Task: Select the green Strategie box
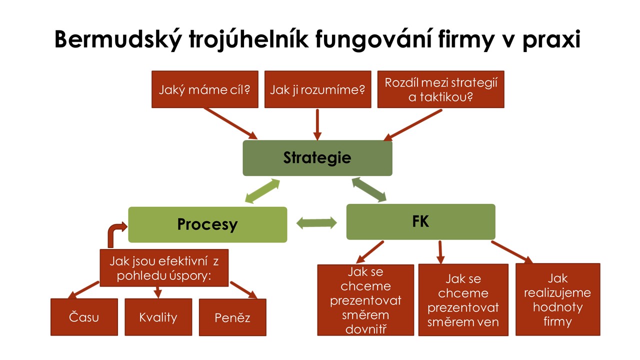coord(317,158)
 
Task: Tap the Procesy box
coord(207,224)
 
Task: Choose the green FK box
coord(421,221)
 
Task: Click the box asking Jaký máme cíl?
coord(205,89)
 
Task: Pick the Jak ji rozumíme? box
coord(317,89)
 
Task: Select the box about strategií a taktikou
coord(441,89)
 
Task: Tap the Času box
coord(84,317)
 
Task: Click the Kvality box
coord(158,317)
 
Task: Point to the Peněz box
coord(232,317)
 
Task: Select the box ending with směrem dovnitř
coord(365,300)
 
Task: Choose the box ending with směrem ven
coord(463,300)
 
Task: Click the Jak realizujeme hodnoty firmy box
coord(557,299)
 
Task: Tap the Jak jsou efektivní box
coord(164,268)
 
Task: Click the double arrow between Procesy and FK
coord(316,223)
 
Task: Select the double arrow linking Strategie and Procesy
coord(262,191)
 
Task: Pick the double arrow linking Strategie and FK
coord(369,189)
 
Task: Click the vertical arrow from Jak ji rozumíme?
coord(317,124)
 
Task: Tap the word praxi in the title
coord(551,39)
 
